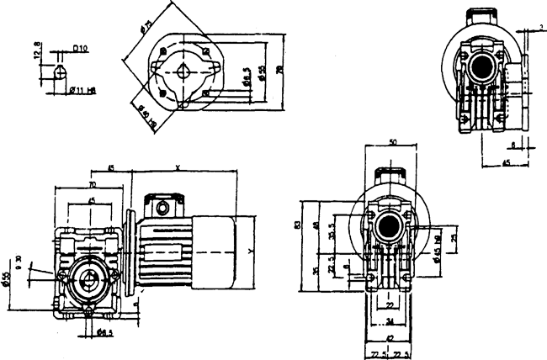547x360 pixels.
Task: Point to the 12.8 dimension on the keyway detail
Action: coord(36,54)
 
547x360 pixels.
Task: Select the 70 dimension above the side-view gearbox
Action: coord(91,183)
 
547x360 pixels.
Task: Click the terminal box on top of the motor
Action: coord(161,206)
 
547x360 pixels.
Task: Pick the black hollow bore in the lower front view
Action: coord(388,225)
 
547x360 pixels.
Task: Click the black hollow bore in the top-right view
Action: coord(485,64)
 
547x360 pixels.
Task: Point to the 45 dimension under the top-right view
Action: coord(506,161)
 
